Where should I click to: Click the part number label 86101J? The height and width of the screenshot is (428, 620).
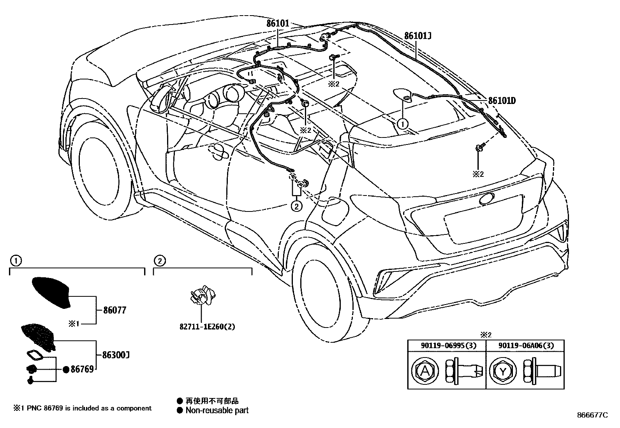coord(418,36)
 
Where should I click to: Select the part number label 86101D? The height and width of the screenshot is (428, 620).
coord(502,101)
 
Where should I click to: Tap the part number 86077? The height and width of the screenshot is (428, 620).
coord(115,310)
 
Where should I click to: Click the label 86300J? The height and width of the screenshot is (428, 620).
coord(116,355)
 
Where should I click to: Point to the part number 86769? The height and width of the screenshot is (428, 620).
coord(82,369)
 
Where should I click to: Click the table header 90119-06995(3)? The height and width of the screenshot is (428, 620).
coord(447,345)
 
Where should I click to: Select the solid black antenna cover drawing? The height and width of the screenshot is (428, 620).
coord(51,292)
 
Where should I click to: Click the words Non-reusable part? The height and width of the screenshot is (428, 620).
coord(217,410)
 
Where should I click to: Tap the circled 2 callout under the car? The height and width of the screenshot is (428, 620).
coord(297,206)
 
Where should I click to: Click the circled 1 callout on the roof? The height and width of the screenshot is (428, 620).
coord(402,124)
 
